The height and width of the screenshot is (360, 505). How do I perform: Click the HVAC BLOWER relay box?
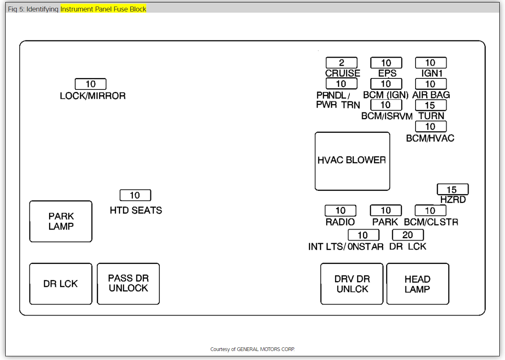pyautogui.click(x=352, y=161)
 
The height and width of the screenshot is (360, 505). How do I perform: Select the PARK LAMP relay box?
pyautogui.click(x=61, y=221)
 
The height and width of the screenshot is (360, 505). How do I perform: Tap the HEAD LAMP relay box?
pyautogui.click(x=418, y=284)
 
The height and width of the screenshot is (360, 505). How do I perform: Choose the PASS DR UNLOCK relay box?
pyautogui.click(x=128, y=284)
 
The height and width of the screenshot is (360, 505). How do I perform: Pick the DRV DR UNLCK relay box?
pyautogui.click(x=352, y=284)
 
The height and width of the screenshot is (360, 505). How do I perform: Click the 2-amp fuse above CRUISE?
pyautogui.click(x=342, y=63)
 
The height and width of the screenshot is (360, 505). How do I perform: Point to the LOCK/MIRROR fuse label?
pyautogui.click(x=93, y=96)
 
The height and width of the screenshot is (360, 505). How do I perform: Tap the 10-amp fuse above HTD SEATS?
pyautogui.click(x=135, y=195)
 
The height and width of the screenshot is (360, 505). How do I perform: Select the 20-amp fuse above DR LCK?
pyautogui.click(x=408, y=235)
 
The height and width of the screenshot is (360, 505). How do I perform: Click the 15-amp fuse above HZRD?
pyautogui.click(x=452, y=190)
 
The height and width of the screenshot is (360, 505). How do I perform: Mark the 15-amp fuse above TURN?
pyautogui.click(x=431, y=105)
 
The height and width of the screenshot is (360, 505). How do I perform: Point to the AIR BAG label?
pyautogui.click(x=431, y=95)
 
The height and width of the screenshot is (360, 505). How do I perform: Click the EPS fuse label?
pyautogui.click(x=387, y=73)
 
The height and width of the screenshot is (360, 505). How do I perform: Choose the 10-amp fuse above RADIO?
pyautogui.click(x=340, y=210)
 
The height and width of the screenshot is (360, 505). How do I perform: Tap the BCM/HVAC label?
pyautogui.click(x=430, y=138)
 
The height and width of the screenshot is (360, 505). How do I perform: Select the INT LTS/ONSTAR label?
pyautogui.click(x=346, y=246)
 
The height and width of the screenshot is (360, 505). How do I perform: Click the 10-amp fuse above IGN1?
pyautogui.click(x=431, y=63)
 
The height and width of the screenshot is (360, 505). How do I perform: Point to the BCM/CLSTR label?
pyautogui.click(x=431, y=222)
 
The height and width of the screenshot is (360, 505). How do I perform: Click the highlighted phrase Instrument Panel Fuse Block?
pyautogui.click(x=103, y=9)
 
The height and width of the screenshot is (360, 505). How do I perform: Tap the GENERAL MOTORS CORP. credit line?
pyautogui.click(x=252, y=349)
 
